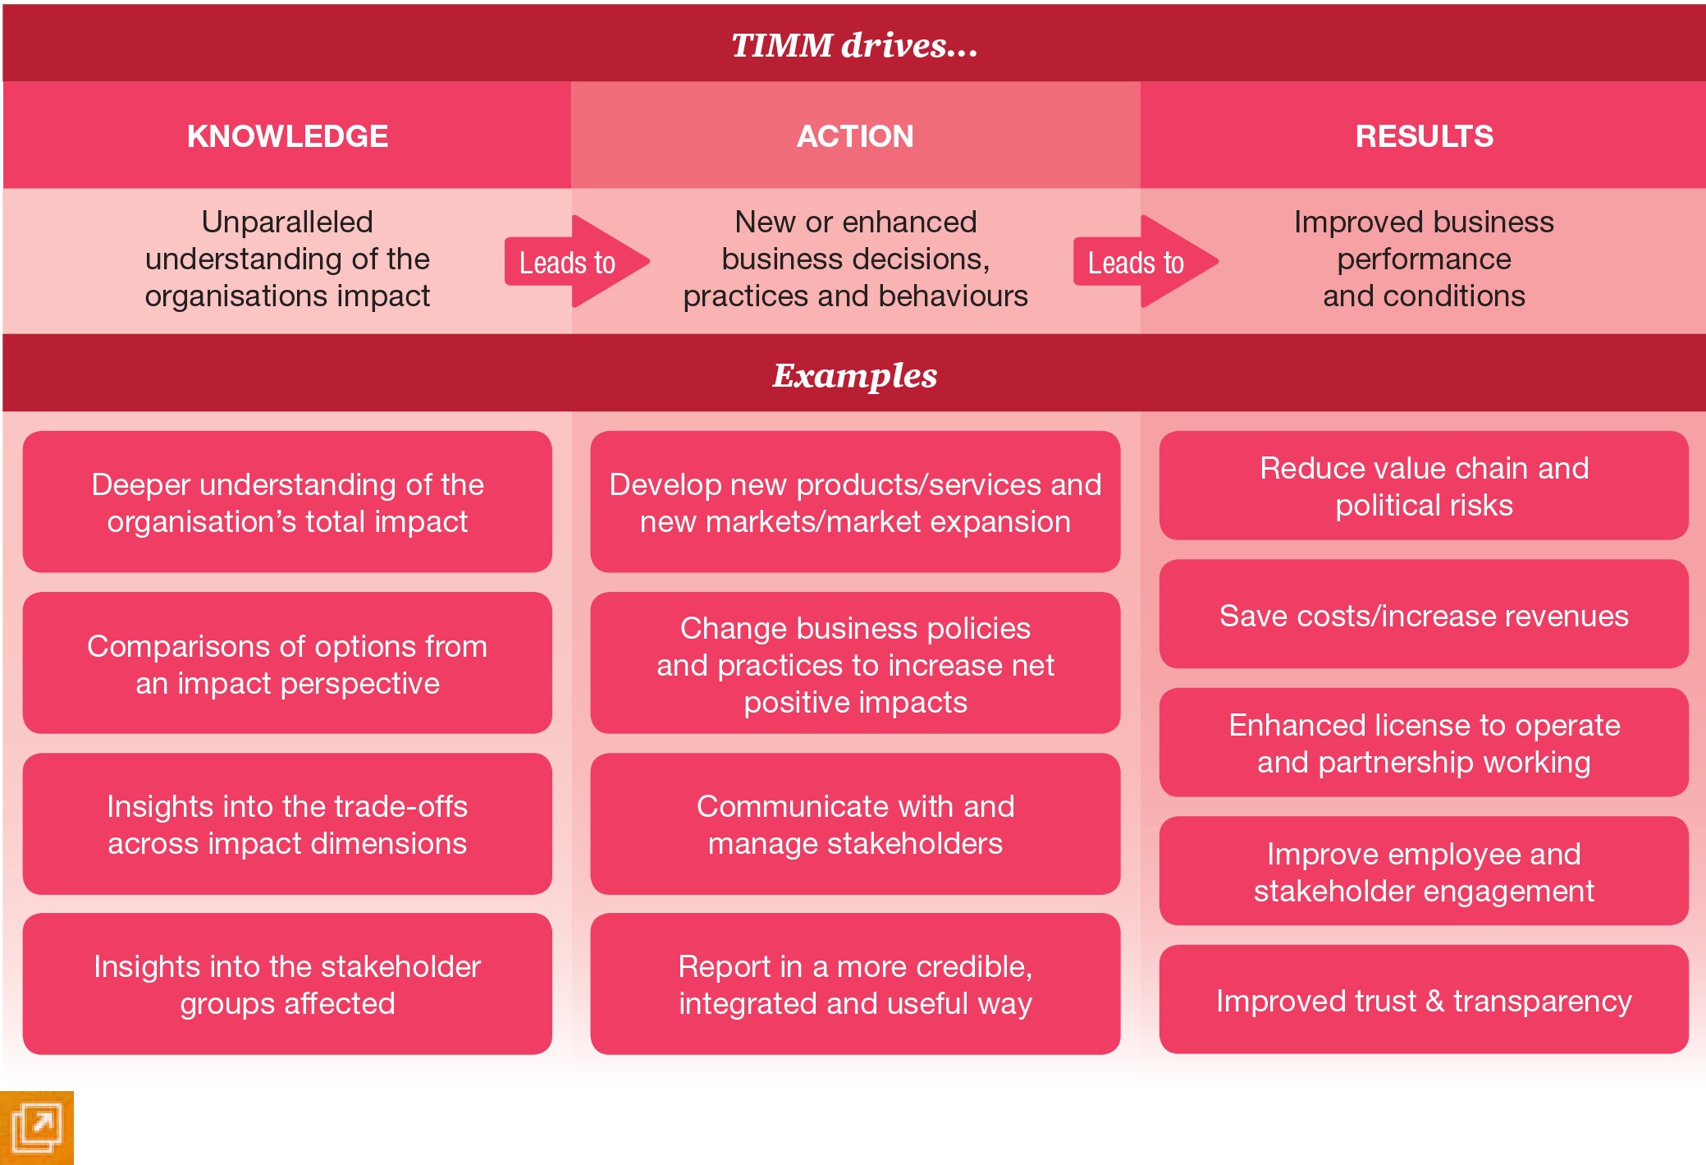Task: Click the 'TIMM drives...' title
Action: [x=853, y=45]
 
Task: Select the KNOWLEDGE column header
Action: [x=287, y=135]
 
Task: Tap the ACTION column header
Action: [x=855, y=135]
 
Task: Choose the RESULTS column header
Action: [x=1424, y=135]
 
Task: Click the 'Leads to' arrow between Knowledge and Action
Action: [x=574, y=262]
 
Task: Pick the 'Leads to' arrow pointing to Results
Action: [x=1143, y=262]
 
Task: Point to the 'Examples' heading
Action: [x=853, y=375]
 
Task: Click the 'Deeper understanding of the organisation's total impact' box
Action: [x=287, y=502]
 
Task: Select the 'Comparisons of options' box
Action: [x=287, y=663]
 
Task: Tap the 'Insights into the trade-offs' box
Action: [x=287, y=823]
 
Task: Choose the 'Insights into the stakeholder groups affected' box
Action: [x=287, y=984]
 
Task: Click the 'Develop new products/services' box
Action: [x=855, y=502]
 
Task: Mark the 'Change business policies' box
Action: [x=855, y=663]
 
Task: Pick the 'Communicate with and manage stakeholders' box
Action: [x=855, y=823]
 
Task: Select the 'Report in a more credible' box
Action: [x=855, y=984]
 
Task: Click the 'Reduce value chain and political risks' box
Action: [x=1424, y=485]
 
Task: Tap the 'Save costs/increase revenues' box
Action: [x=1424, y=614]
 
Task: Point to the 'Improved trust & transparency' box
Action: [x=1424, y=999]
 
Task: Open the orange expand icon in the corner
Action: [x=37, y=1127]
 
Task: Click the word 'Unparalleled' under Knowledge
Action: [x=287, y=222]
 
